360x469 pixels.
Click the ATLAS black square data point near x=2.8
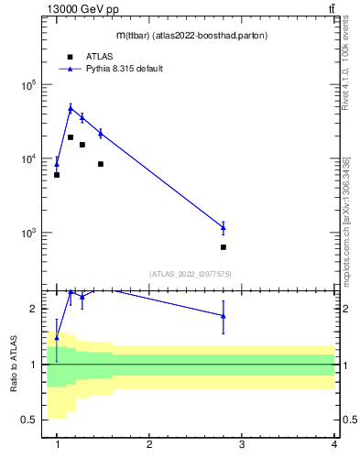(224, 247)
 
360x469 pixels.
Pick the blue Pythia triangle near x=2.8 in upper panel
(224, 226)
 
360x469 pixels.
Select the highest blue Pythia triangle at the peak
(71, 109)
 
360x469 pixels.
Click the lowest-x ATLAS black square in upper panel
(57, 175)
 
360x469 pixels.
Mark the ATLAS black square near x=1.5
(101, 164)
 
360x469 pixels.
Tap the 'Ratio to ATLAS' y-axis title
(14, 365)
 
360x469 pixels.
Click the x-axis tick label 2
(149, 444)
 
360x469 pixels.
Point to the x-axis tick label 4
(334, 444)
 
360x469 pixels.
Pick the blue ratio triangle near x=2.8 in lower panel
(224, 316)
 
